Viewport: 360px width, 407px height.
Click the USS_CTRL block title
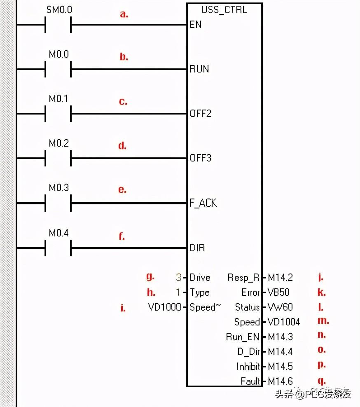(224, 9)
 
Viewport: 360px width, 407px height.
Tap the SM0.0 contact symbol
(58, 25)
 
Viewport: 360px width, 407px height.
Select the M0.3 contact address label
(59, 188)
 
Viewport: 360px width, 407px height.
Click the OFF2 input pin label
(201, 113)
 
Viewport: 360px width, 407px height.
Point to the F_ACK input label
(203, 203)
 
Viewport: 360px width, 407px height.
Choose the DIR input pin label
(197, 248)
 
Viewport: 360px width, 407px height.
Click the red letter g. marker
(150, 276)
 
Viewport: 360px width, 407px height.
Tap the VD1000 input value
(164, 307)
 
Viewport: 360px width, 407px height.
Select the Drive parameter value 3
(178, 278)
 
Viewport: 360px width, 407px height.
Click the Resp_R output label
(243, 278)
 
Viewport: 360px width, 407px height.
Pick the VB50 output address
(279, 292)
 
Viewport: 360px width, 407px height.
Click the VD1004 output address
(284, 322)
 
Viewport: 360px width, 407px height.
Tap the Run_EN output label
(242, 337)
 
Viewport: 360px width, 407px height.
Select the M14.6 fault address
(281, 381)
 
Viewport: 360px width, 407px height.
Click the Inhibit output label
(248, 367)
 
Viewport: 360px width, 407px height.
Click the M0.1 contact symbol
(58, 114)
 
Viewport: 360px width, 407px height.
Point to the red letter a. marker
(124, 14)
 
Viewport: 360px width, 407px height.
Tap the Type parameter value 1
(178, 292)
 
